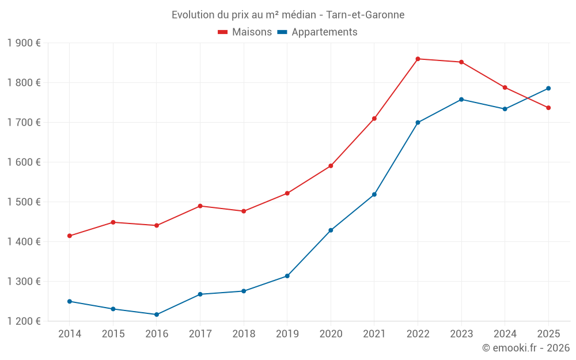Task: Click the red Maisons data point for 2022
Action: (x=418, y=59)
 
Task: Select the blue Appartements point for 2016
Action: (x=157, y=314)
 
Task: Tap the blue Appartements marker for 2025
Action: (x=548, y=88)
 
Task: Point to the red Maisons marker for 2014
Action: (x=70, y=236)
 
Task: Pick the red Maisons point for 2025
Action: (x=548, y=108)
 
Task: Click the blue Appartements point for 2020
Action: (x=331, y=230)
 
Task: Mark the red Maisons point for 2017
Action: (x=200, y=206)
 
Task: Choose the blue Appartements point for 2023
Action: (x=461, y=100)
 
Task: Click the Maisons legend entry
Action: (x=245, y=32)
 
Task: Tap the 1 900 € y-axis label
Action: (x=24, y=43)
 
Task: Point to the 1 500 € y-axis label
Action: (x=24, y=202)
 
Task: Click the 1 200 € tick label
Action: (x=24, y=321)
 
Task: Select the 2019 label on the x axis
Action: (x=287, y=334)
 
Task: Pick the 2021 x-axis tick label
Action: (x=374, y=334)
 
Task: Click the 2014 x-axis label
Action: (x=70, y=334)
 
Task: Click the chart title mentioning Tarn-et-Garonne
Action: (x=288, y=14)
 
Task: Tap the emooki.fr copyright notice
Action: (x=525, y=348)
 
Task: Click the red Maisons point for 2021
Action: (x=374, y=119)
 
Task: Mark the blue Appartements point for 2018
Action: (x=244, y=291)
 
